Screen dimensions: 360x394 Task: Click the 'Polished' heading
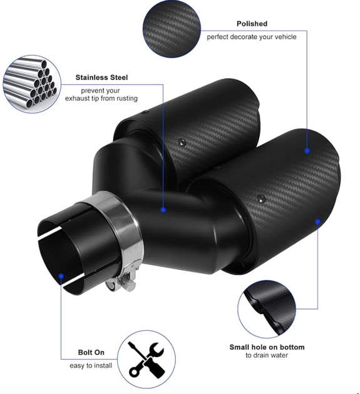(x=252, y=24)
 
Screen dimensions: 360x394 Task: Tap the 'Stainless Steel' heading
(x=101, y=78)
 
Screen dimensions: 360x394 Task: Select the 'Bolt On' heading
(x=91, y=352)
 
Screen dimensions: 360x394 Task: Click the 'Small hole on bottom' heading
(x=267, y=347)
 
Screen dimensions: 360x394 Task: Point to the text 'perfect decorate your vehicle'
(x=252, y=37)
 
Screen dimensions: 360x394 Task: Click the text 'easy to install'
(x=91, y=365)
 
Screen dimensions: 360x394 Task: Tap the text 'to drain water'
(x=267, y=355)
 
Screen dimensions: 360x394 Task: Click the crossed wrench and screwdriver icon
(x=147, y=360)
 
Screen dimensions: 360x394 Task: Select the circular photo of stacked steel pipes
(x=32, y=84)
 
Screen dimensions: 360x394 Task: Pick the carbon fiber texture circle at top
(x=172, y=29)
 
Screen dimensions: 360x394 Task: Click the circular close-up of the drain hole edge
(x=267, y=310)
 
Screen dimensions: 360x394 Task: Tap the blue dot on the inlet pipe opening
(x=61, y=276)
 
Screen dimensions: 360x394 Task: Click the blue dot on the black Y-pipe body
(x=163, y=210)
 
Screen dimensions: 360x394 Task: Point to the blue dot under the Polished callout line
(x=307, y=151)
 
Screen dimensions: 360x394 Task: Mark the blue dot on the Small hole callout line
(x=317, y=221)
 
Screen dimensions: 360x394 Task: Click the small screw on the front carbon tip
(x=262, y=199)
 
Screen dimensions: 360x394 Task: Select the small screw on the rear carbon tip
(x=182, y=142)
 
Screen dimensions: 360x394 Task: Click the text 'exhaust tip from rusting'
(x=101, y=98)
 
